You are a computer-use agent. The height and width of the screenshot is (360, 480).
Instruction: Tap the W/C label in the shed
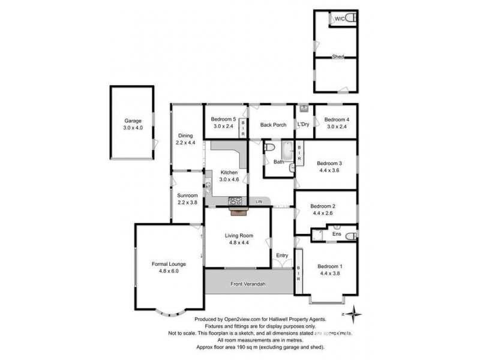(340, 19)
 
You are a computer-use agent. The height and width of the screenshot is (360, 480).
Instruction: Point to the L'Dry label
(303, 125)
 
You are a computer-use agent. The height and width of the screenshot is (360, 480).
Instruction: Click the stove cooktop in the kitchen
(236, 200)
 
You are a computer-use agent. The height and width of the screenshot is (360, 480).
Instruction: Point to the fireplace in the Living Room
(238, 210)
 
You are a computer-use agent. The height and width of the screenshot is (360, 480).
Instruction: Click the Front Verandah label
(248, 284)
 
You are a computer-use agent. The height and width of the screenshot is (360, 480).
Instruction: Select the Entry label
(282, 256)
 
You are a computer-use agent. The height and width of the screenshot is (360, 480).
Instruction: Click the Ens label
(337, 234)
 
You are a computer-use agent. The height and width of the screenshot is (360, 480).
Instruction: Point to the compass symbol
(356, 312)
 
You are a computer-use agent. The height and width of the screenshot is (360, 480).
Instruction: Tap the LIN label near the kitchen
(259, 200)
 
